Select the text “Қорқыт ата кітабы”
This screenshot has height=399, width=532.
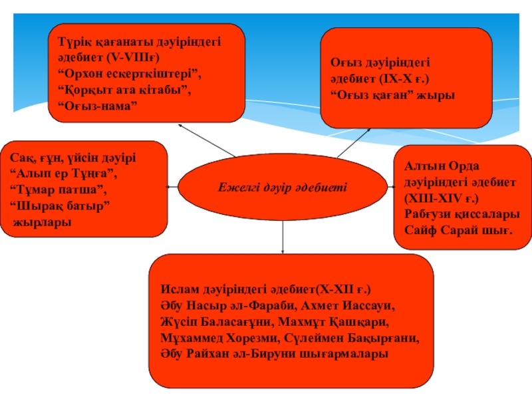[124, 89]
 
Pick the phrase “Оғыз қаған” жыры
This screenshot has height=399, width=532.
[393, 94]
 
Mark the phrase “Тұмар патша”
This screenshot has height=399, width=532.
[59, 191]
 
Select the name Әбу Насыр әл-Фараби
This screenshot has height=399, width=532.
[225, 307]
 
